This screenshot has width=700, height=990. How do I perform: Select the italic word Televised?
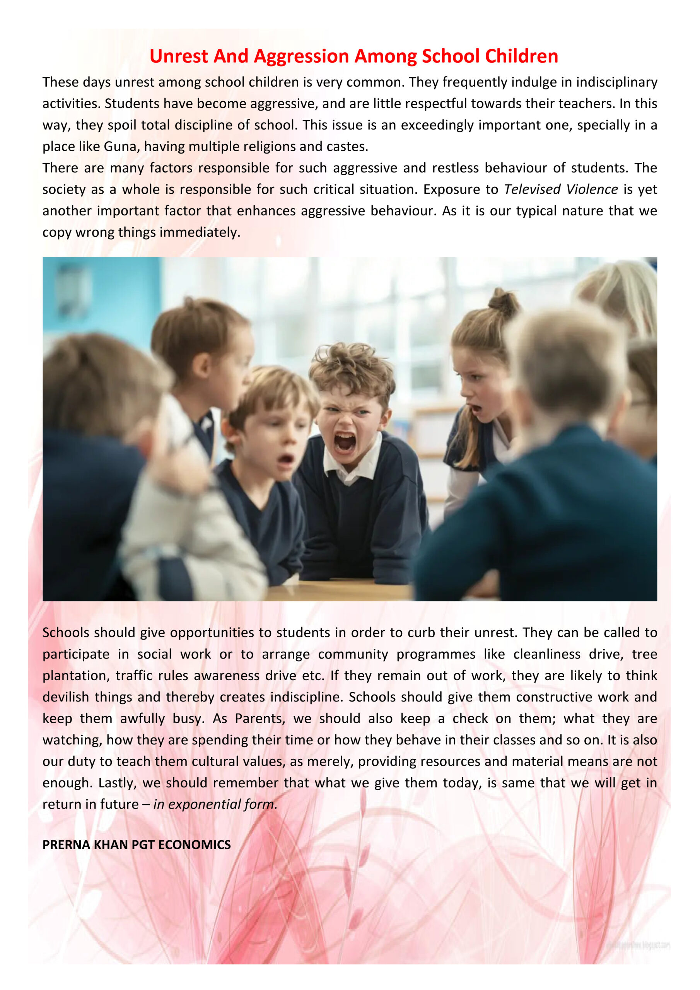click(532, 189)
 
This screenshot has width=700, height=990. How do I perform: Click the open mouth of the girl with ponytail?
click(475, 408)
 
